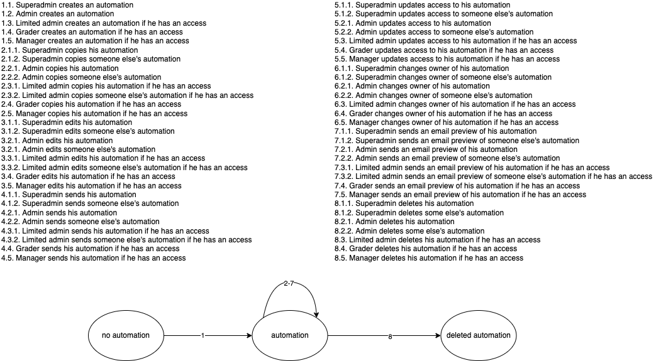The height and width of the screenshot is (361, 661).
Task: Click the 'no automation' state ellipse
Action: pos(126,335)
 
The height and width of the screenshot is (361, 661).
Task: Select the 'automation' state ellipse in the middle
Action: pos(289,335)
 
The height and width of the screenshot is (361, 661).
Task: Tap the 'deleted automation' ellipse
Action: pos(478,335)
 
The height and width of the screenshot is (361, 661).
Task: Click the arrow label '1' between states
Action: pos(203,336)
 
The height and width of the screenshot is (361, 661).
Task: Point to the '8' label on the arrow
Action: pos(390,337)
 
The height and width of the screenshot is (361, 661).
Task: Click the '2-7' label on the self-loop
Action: pos(289,283)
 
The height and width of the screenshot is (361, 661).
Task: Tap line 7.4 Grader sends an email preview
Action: pos(457,186)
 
